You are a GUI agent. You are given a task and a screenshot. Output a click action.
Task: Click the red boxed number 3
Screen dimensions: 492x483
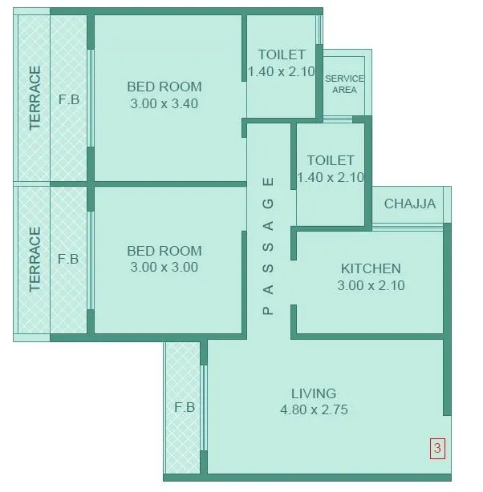pyautogui.click(x=437, y=449)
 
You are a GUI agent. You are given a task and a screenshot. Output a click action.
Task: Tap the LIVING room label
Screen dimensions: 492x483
pyautogui.click(x=314, y=393)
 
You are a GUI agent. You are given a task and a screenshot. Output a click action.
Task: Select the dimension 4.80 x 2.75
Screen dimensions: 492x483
pyautogui.click(x=314, y=410)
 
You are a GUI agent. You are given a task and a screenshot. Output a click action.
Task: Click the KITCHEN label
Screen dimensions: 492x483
pyautogui.click(x=371, y=268)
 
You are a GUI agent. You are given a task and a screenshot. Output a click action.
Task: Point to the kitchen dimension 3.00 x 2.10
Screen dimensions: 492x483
pyautogui.click(x=371, y=285)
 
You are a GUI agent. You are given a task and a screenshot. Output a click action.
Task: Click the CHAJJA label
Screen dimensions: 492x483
pyautogui.click(x=410, y=204)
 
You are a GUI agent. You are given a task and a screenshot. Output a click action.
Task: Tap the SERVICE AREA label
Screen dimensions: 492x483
pyautogui.click(x=344, y=84)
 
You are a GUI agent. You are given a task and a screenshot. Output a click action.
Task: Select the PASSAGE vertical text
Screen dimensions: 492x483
pyautogui.click(x=269, y=244)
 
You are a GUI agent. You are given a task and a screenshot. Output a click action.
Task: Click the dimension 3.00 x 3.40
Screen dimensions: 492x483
pyautogui.click(x=164, y=103)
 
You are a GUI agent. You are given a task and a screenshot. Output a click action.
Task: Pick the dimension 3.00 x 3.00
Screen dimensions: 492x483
pyautogui.click(x=164, y=268)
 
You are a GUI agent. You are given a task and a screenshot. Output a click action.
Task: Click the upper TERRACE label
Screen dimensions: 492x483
pyautogui.click(x=34, y=98)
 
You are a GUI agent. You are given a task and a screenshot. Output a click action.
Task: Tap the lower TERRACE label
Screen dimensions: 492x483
pyautogui.click(x=34, y=260)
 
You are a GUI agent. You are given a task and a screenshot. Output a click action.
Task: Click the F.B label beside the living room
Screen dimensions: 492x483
pyautogui.click(x=185, y=407)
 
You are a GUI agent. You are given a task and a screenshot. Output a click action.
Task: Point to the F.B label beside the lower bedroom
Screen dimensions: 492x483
pyautogui.click(x=69, y=260)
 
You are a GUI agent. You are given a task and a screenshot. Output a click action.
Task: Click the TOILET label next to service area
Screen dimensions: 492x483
pyautogui.click(x=282, y=55)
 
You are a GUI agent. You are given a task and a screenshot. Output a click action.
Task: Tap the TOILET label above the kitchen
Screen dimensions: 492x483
pyautogui.click(x=330, y=161)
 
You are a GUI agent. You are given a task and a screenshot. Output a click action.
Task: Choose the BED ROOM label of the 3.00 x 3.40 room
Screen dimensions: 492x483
pyautogui.click(x=164, y=87)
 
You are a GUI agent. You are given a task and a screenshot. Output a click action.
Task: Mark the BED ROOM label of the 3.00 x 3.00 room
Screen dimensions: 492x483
pyautogui.click(x=164, y=251)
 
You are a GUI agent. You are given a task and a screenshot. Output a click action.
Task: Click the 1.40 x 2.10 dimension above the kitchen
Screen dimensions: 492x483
pyautogui.click(x=331, y=178)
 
